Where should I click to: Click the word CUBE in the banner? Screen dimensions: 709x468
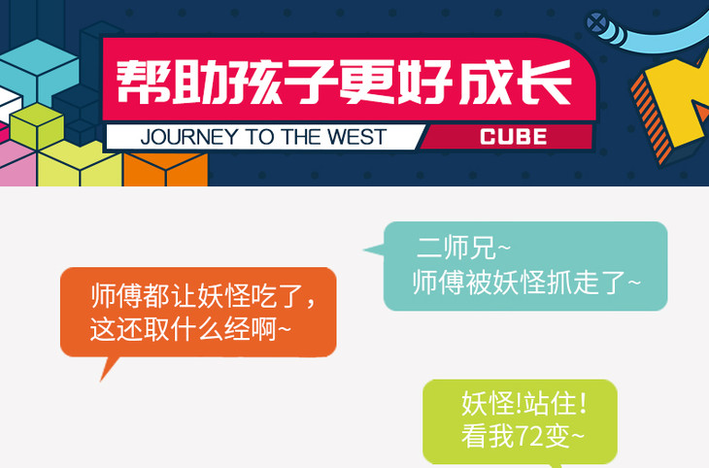[513, 137]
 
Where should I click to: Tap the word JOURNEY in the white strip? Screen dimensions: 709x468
[189, 137]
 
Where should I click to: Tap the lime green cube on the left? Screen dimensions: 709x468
[37, 127]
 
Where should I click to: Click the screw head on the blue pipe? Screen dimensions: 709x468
[597, 22]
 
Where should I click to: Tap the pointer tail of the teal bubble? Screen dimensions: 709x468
[374, 250]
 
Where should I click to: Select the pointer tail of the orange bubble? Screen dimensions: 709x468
[108, 368]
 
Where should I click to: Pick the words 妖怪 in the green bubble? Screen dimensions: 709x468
[489, 403]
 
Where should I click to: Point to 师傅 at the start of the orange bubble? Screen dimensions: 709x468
[117, 296]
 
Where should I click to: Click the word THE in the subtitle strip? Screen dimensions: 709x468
[301, 137]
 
